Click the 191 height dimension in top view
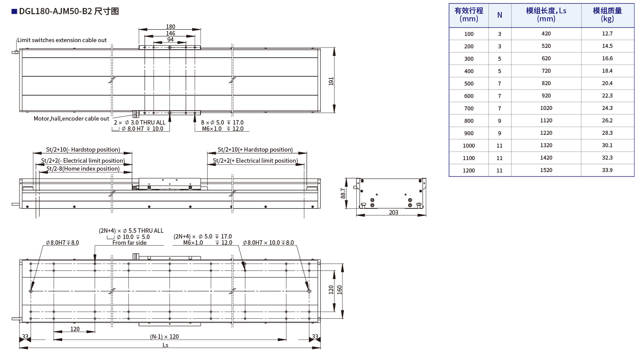pyautogui.click(x=331, y=81)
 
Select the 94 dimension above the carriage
pyautogui.click(x=170, y=39)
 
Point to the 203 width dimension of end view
pyautogui.click(x=393, y=212)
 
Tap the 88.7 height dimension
pyautogui.click(x=344, y=193)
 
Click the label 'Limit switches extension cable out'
pyautogui.click(x=62, y=40)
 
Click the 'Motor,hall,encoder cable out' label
pyautogui.click(x=71, y=118)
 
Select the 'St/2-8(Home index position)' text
pyautogui.click(x=83, y=168)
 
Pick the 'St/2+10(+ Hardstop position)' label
pyautogui.click(x=255, y=149)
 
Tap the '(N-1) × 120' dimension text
pyautogui.click(x=164, y=337)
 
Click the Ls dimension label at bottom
pyautogui.click(x=165, y=345)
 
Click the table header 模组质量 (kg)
pyautogui.click(x=607, y=15)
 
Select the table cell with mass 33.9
pyautogui.click(x=607, y=170)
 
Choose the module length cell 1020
pyautogui.click(x=546, y=108)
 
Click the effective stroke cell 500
pyautogui.click(x=469, y=83)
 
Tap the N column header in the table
pyautogui.click(x=500, y=15)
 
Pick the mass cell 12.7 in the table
pyautogui.click(x=607, y=34)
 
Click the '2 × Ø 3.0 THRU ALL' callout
pyautogui.click(x=139, y=122)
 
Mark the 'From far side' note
pyautogui.click(x=129, y=243)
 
